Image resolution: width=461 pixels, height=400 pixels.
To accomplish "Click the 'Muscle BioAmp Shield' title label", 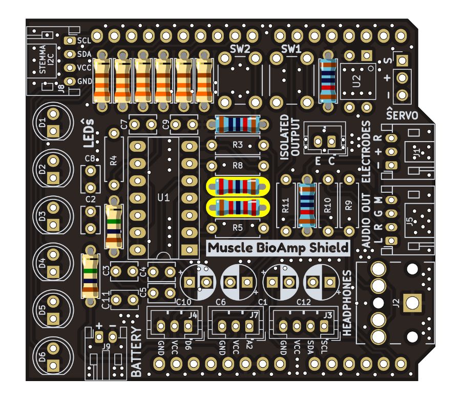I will click(x=278, y=248).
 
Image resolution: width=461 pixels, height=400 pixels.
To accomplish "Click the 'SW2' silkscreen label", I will click(x=240, y=49).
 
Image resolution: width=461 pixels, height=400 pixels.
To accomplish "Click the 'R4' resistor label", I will click(x=114, y=159).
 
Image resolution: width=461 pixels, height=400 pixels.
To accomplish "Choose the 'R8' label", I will click(x=237, y=166).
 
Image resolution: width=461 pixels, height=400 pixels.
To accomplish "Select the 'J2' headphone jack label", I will click(x=395, y=303).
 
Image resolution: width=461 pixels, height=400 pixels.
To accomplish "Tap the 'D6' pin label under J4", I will click(x=188, y=345).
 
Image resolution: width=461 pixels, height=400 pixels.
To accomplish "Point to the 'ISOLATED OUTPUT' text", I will click(x=289, y=139).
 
